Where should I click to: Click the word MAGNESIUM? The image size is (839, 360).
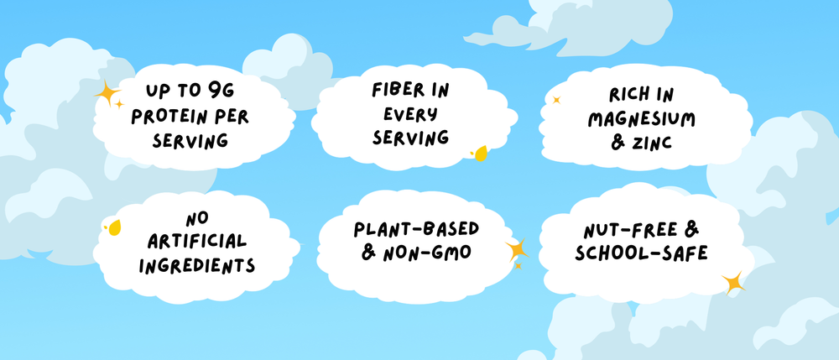pos(642,120)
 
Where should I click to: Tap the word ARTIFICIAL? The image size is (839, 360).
pos(197,242)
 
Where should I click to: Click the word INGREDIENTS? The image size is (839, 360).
pos(197,265)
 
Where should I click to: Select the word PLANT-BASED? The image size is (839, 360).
pos(414,227)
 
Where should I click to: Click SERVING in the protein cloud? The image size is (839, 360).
pos(190,139)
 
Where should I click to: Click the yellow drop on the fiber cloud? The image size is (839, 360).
pos(481,154)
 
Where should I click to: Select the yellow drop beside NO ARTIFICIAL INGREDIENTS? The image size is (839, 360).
pos(113,227)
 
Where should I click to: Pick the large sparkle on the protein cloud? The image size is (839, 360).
pos(107,94)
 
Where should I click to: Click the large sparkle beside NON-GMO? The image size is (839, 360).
pos(516,249)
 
